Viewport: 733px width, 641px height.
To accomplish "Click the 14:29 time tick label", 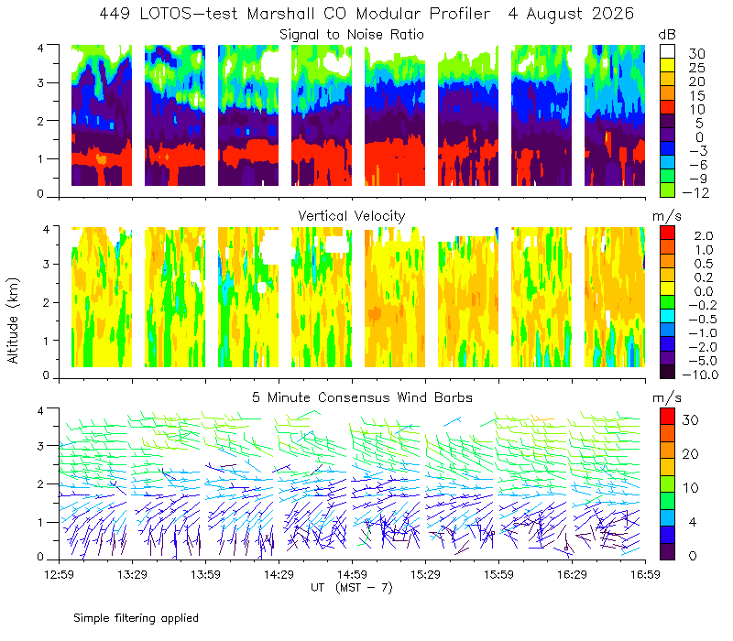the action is (x=279, y=574).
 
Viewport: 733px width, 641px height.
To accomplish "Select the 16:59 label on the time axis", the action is (x=645, y=574).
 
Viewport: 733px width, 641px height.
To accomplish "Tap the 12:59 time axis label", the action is (x=59, y=574).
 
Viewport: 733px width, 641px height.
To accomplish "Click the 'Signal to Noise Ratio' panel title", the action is (x=352, y=35).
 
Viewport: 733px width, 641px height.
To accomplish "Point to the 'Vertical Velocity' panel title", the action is (x=352, y=216).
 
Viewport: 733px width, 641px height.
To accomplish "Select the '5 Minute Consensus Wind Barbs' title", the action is (x=362, y=397).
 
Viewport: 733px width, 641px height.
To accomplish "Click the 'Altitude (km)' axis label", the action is (x=13, y=320).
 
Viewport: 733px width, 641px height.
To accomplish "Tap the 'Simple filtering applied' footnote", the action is (x=136, y=618).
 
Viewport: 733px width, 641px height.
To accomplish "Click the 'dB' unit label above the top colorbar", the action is (x=667, y=35).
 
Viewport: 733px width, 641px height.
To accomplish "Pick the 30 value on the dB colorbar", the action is (x=696, y=54).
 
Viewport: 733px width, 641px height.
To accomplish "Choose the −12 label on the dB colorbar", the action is (x=695, y=192).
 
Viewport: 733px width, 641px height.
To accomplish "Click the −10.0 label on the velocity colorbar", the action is (x=700, y=375).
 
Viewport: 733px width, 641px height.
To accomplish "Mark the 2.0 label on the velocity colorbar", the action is (x=704, y=236).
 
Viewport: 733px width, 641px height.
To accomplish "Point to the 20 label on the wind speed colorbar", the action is (x=691, y=453).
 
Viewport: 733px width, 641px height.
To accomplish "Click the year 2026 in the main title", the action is (x=613, y=14).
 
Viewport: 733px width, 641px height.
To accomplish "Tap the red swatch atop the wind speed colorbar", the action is (x=667, y=416).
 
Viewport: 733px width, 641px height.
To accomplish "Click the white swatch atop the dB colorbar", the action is (x=667, y=51).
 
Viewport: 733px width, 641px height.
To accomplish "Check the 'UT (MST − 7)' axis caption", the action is (x=352, y=587).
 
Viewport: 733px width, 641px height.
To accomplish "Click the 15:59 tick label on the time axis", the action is (x=498, y=574).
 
